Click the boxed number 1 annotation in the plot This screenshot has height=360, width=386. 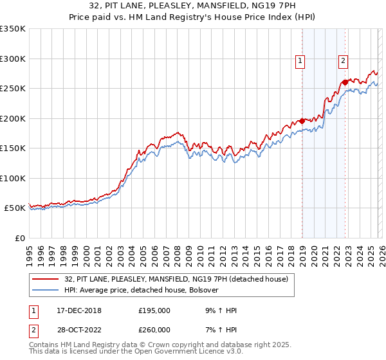click(300, 61)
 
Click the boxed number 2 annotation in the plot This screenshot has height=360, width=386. click(344, 61)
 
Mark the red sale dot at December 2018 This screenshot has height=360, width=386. click(302, 122)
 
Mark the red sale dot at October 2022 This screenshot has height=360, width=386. click(345, 82)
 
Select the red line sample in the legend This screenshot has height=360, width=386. click(46, 279)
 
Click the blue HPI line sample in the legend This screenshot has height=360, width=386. click(46, 290)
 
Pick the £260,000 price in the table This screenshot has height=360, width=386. click(154, 330)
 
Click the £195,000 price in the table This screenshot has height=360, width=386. click(154, 310)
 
